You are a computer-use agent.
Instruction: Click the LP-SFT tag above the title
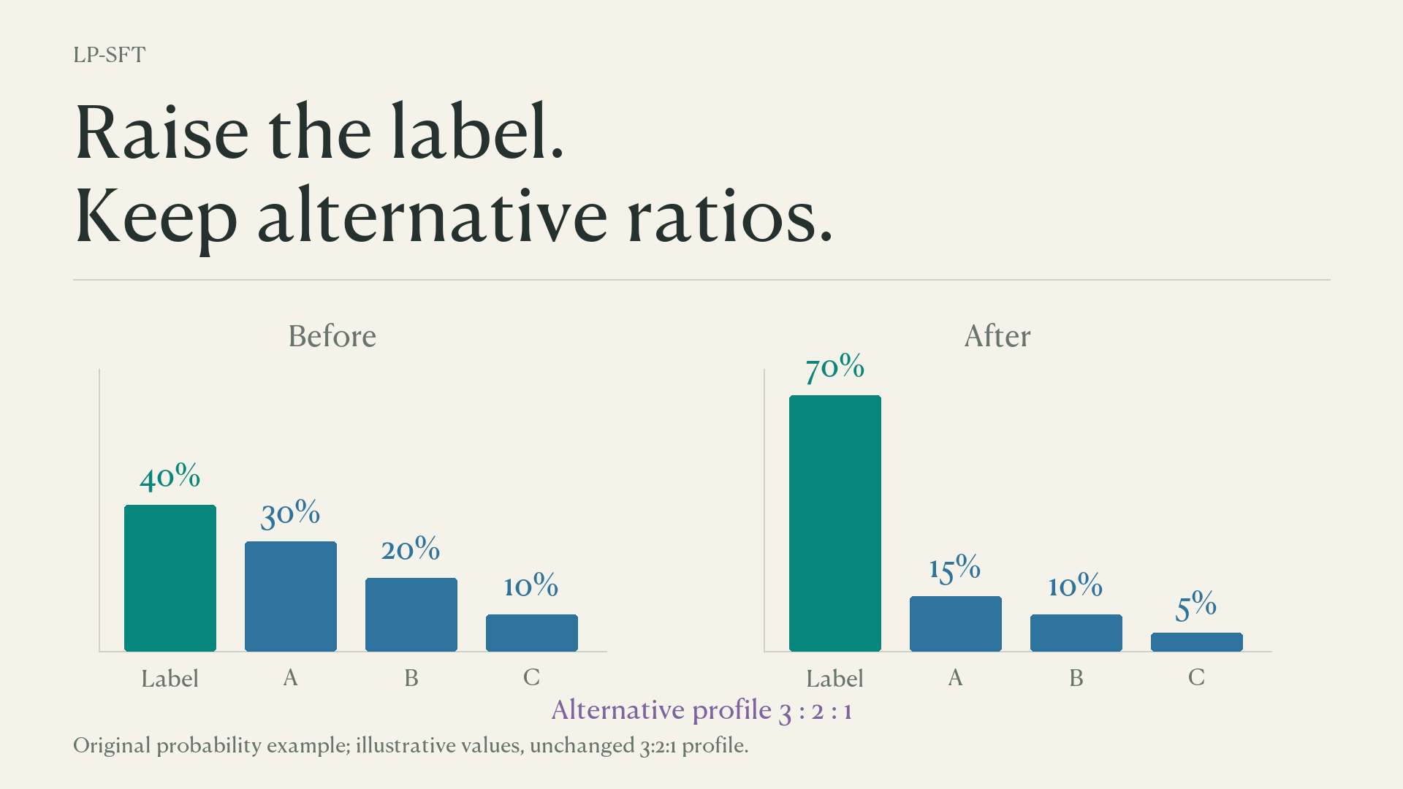110,55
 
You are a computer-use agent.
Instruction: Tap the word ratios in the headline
729,217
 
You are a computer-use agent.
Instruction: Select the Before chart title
332,336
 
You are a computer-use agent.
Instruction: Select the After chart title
997,336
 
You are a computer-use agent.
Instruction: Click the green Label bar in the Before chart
170,578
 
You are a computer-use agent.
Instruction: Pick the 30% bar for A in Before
291,596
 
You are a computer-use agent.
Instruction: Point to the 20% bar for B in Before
411,614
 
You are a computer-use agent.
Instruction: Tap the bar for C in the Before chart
532,633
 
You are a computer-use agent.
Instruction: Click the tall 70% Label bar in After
835,523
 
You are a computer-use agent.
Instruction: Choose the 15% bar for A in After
956,624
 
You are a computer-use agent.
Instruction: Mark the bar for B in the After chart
1076,633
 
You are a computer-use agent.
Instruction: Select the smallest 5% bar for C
1197,642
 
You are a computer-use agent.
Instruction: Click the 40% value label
170,478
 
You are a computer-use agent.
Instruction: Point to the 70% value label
835,368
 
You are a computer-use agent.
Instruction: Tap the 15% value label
955,569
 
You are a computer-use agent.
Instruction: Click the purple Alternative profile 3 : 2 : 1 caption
701,710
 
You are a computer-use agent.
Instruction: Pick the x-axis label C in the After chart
1196,678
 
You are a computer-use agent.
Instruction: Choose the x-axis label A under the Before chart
290,678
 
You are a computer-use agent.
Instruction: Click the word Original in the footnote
112,746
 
